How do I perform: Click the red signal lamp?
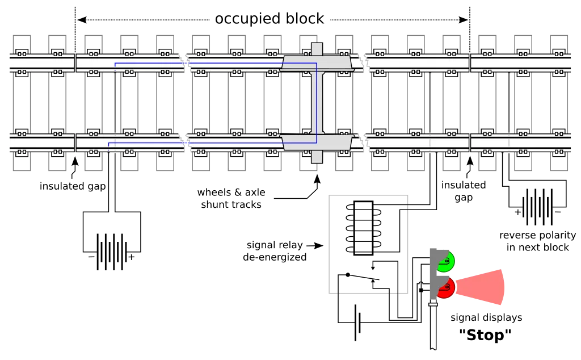446,288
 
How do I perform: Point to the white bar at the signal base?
433,305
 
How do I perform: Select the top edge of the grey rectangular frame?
367,195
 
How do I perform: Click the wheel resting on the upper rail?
317,63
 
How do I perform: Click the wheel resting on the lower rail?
317,143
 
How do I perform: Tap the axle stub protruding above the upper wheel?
317,48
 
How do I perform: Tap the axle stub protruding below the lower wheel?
317,157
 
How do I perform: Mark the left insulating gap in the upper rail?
75,62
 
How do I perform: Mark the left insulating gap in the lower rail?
75,143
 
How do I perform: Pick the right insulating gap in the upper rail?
470,62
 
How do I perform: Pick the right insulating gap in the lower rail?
470,143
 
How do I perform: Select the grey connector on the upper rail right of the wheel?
363,62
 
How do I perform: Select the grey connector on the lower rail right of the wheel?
363,143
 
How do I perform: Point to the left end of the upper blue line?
115,64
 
